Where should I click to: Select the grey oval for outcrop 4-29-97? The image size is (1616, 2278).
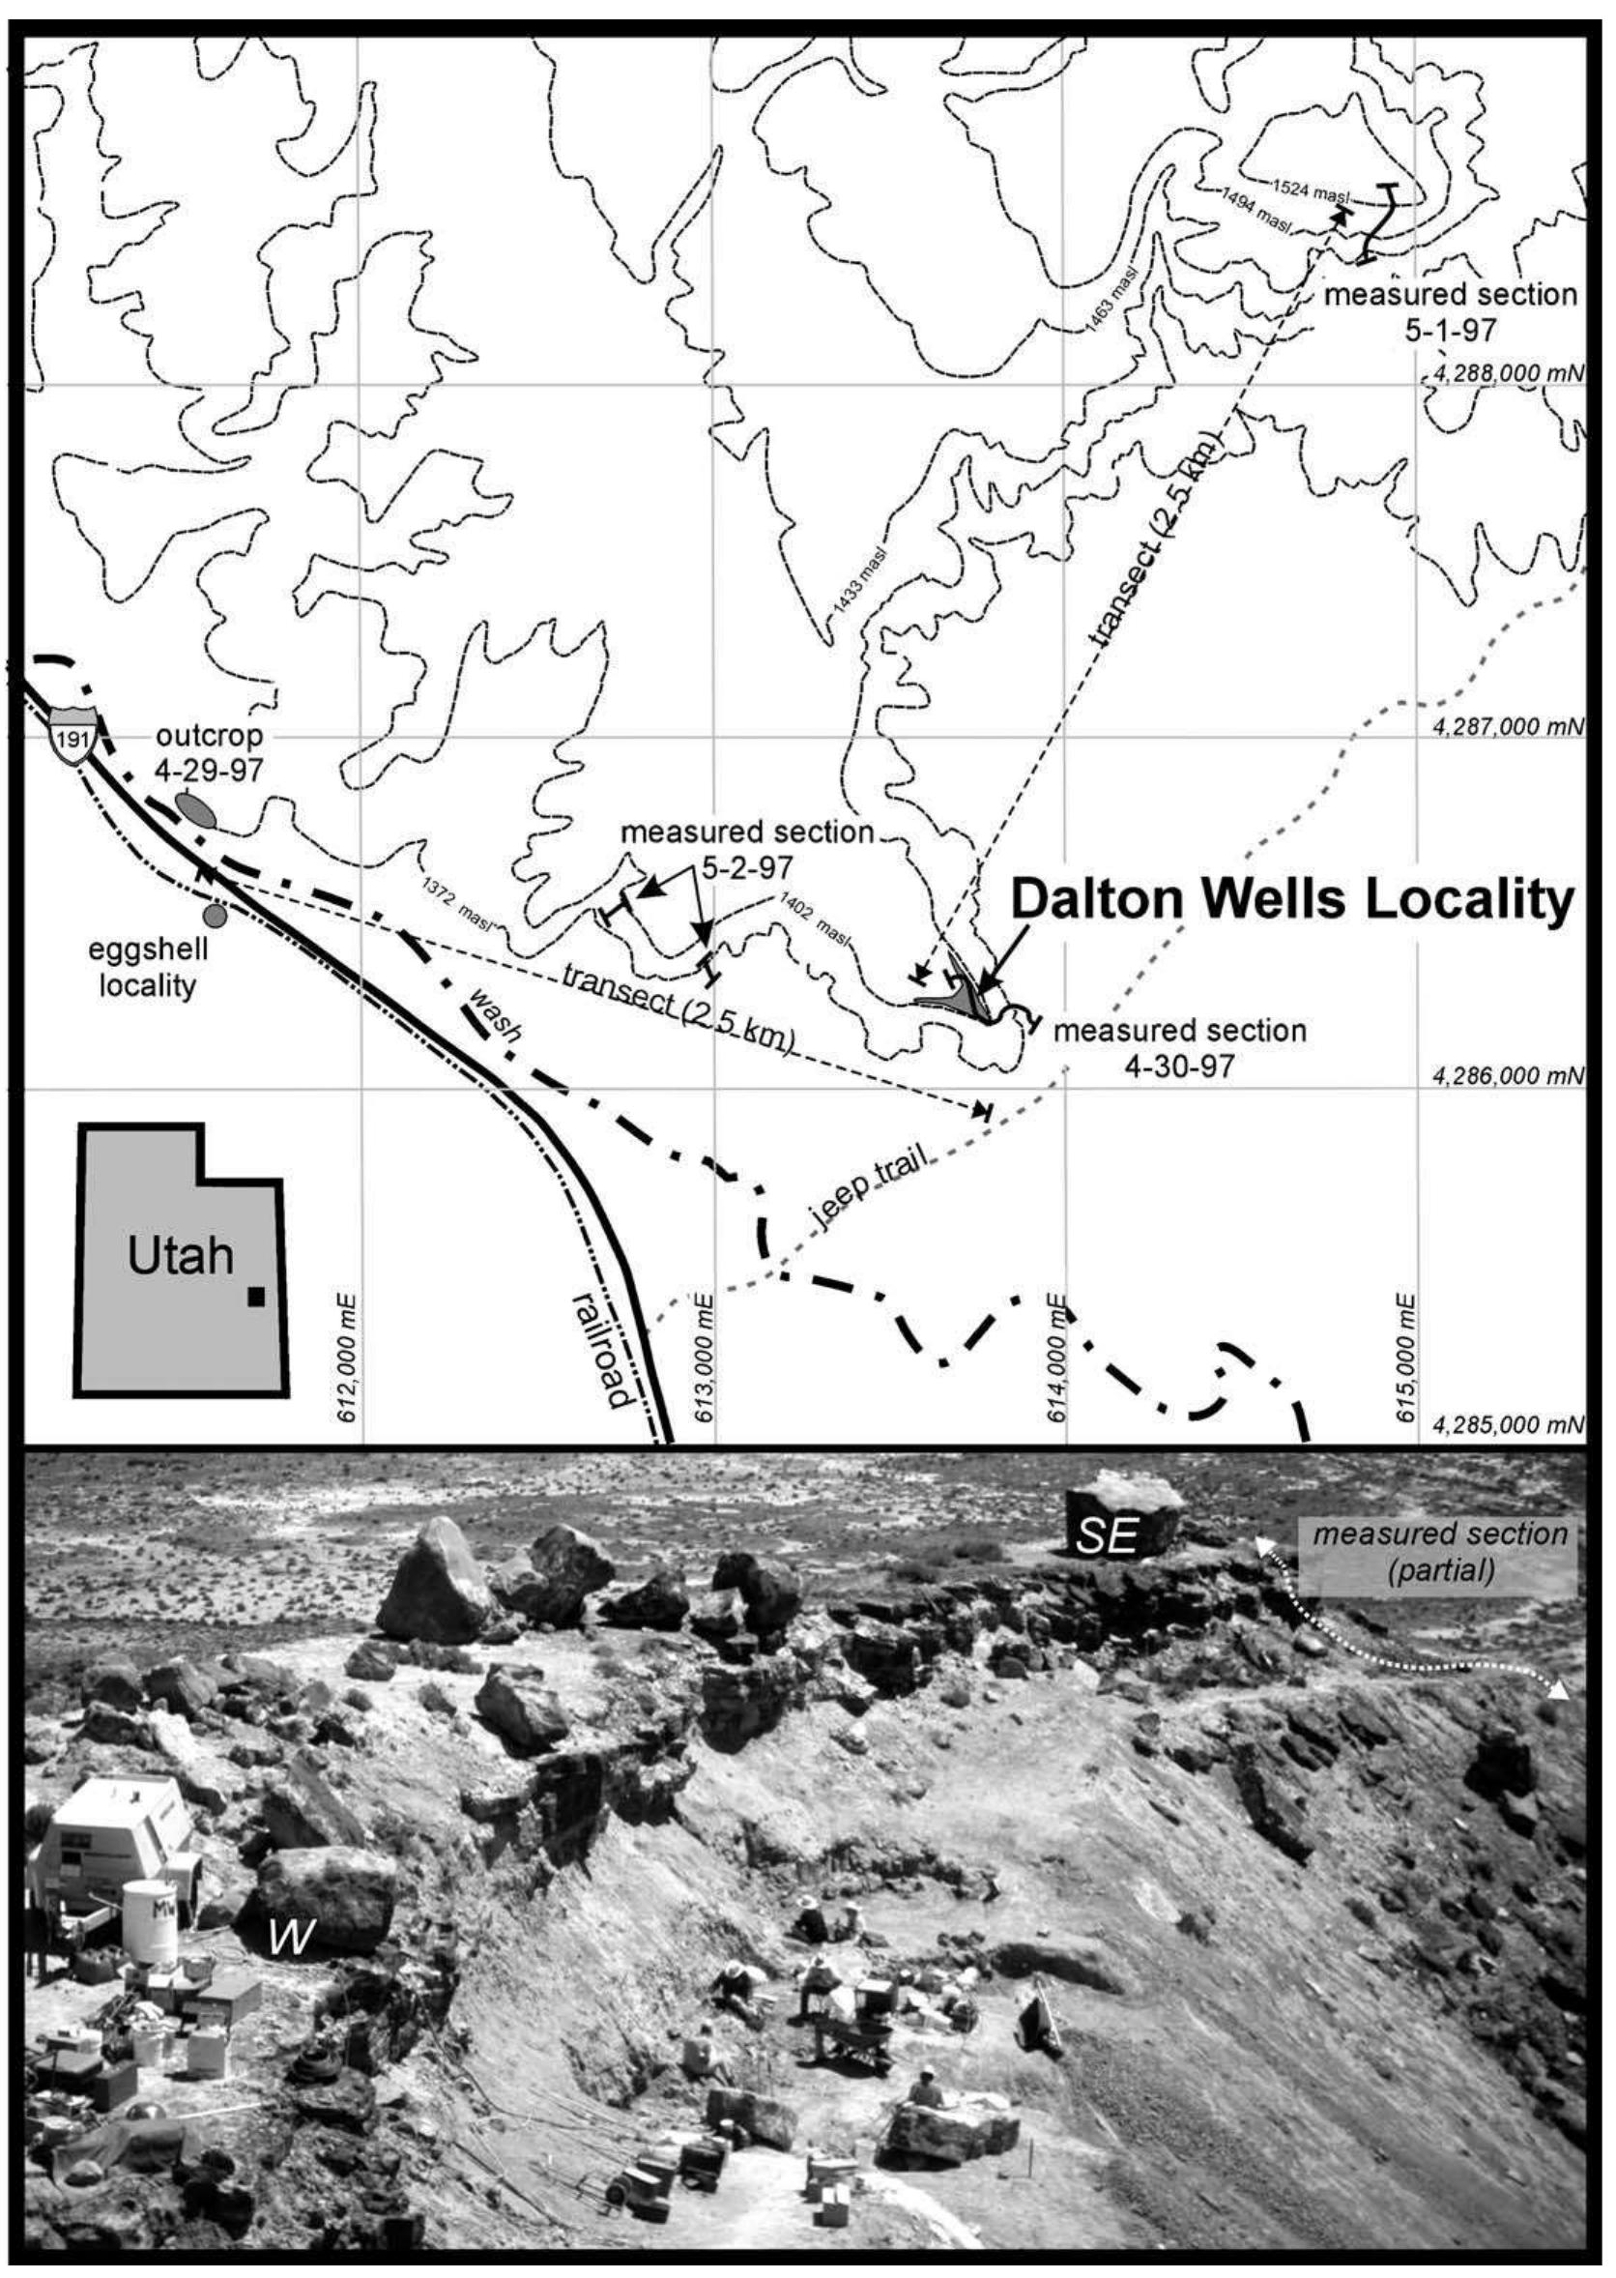196,808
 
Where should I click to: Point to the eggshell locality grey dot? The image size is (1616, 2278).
213,913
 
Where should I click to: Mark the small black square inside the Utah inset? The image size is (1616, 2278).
257,1296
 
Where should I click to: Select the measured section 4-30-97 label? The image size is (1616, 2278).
1179,1046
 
